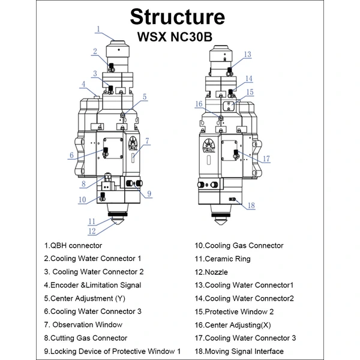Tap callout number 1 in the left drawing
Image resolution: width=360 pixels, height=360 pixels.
coord(97,28)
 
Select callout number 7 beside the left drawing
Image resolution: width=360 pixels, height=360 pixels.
coord(147,142)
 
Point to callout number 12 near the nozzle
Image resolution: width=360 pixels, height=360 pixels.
coord(92,230)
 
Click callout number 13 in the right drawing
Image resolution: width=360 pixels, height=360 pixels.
coord(248,54)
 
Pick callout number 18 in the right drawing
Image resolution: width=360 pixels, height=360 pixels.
coord(251,205)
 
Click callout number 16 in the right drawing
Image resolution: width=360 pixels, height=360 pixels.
coord(198,103)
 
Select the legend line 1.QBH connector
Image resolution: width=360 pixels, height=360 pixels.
coord(73,245)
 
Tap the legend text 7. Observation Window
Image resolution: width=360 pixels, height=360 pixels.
coord(83,325)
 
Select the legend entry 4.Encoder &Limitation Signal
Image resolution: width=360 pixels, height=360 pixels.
coord(93,285)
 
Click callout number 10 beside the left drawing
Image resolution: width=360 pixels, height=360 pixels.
coord(83,199)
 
